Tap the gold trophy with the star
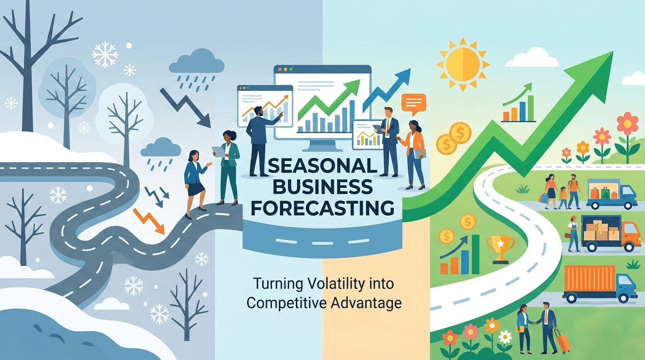tap(500, 247)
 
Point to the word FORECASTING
tap(322, 207)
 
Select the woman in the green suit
tap(228, 166)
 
